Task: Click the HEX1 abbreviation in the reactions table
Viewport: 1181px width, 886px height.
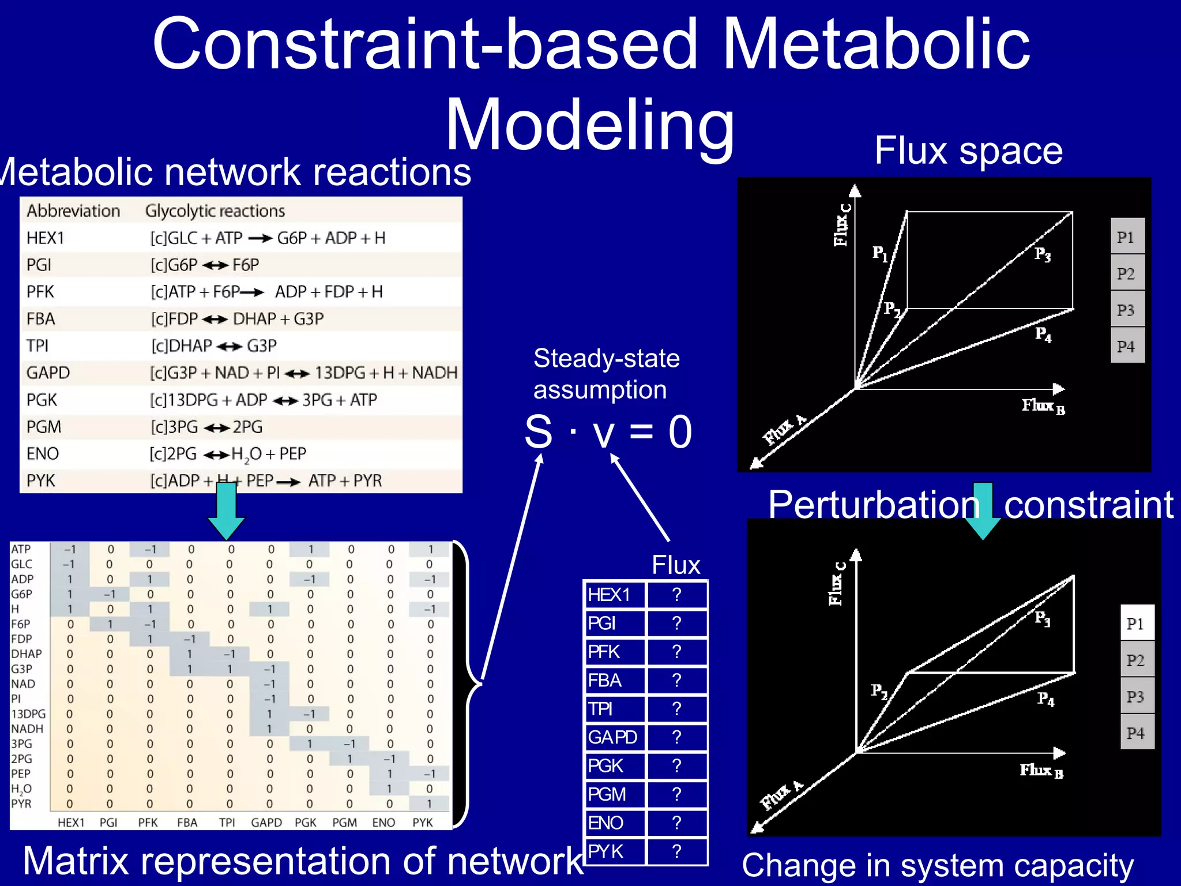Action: coord(45,238)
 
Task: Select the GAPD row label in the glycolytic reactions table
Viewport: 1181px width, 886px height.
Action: coord(48,373)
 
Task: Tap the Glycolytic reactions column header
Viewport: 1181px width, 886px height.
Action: coord(215,211)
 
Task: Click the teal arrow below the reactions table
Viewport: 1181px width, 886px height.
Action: coord(226,510)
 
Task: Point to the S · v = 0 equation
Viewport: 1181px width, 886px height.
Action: coord(608,431)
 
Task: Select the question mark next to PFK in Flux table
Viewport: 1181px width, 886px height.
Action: coord(677,652)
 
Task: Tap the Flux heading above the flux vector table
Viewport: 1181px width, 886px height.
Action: coord(675,565)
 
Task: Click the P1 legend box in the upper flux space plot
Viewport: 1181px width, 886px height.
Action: coord(1126,236)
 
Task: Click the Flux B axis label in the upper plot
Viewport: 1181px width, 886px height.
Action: coord(1043,406)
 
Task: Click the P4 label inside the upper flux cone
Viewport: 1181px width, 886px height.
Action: coord(1043,334)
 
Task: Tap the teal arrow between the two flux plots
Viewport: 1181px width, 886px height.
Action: coord(983,510)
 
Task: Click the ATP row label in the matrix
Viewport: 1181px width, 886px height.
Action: coord(21,549)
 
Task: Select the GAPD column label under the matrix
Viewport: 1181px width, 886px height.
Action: coord(266,822)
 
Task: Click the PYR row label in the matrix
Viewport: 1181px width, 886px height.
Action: coord(21,804)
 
